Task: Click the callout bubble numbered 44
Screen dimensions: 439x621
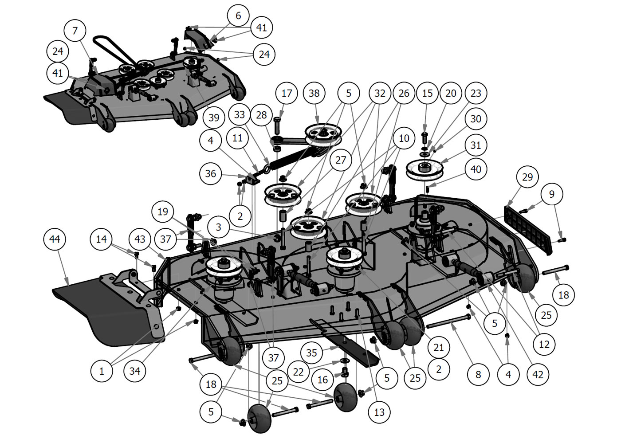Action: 55,239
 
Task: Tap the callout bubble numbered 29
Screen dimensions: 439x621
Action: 527,177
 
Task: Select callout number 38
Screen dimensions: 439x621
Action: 314,93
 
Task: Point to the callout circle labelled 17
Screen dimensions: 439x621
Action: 287,93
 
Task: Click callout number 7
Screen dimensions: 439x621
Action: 75,31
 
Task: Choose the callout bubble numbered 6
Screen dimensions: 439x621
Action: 238,16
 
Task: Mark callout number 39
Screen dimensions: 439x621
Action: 214,118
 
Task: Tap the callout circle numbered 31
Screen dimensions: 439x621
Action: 476,145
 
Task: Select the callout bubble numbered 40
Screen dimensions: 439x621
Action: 476,169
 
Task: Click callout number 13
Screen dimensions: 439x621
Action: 379,412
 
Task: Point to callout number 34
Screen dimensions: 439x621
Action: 135,371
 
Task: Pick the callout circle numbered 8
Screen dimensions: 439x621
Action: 478,375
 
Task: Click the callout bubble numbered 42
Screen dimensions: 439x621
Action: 538,375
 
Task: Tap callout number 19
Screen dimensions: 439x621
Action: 163,212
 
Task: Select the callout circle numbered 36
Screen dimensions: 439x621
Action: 211,173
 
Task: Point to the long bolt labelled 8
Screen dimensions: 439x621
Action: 448,322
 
